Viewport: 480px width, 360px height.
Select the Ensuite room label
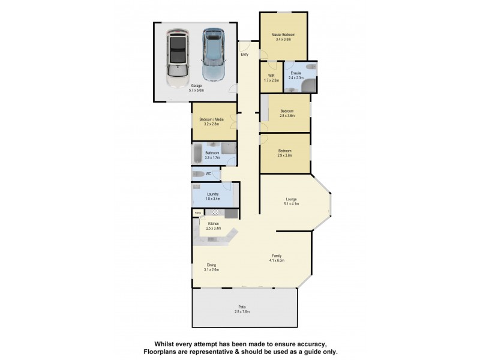pos(296,76)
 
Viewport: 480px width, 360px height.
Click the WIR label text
pos(271,76)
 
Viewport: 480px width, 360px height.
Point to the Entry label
pos(244,55)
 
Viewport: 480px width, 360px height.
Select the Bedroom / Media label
pos(211,122)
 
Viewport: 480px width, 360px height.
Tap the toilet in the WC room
pos(198,175)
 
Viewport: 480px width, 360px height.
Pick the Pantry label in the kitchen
pos(197,212)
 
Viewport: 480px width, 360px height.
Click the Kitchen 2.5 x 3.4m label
pos(213,226)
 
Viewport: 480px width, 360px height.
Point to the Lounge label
pos(291,201)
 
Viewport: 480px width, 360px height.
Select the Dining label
pos(211,267)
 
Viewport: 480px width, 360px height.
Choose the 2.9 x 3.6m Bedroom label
pos(284,152)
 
